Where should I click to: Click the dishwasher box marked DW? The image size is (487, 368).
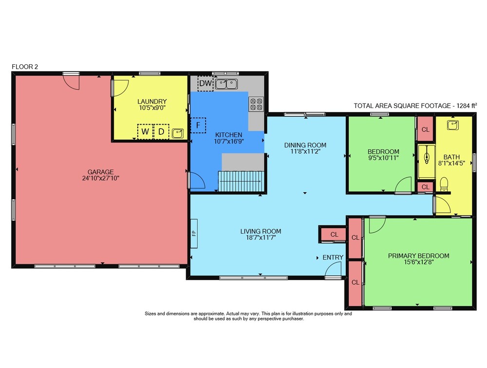(206, 83)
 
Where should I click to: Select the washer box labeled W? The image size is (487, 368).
(145, 131)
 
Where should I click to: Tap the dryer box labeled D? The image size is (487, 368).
(161, 131)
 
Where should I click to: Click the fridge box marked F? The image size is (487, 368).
(198, 126)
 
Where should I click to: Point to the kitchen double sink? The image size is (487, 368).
(226, 84)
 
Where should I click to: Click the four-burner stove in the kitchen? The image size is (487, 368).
(256, 104)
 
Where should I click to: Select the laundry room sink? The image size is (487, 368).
(178, 133)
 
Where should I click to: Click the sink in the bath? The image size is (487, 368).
(453, 125)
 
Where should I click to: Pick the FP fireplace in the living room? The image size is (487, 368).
(194, 233)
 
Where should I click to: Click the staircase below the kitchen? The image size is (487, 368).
(241, 181)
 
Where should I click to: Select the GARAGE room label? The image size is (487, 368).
(101, 172)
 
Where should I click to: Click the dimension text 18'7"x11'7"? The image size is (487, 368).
(261, 238)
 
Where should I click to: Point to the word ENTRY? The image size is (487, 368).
(333, 258)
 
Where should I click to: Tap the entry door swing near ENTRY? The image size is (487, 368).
(333, 269)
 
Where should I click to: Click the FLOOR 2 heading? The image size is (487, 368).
(25, 67)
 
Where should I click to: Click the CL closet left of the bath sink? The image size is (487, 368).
(425, 129)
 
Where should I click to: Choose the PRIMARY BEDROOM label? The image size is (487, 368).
(419, 256)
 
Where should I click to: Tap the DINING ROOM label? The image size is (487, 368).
(305, 145)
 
